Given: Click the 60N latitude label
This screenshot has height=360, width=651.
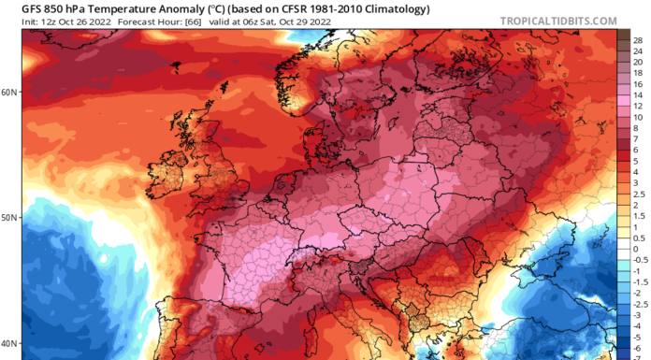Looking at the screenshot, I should click(9, 92).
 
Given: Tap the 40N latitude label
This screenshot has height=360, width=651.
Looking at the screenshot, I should click(9, 342).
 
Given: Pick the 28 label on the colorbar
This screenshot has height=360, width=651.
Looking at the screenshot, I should click(637, 42).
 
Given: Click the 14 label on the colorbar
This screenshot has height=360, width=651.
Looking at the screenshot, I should click(637, 94).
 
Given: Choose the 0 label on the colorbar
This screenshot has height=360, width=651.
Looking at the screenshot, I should click(637, 251).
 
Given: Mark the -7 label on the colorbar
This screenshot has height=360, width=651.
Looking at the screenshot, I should click(637, 355).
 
